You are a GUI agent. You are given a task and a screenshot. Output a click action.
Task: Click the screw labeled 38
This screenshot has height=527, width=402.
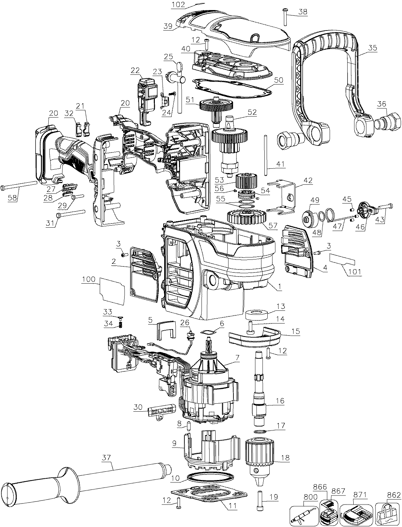(284, 16)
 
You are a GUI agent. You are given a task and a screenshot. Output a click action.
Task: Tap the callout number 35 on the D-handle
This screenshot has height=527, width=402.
(372, 48)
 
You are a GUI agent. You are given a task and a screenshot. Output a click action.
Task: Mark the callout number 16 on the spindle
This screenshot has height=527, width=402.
(280, 401)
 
